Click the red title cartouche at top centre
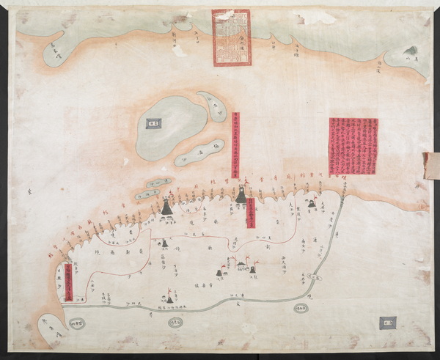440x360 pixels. point(231,37)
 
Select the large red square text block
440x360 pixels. point(353,146)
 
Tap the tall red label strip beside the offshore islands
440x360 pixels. point(235,145)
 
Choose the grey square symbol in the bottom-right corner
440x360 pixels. point(387,322)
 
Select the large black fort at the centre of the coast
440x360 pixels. point(241,195)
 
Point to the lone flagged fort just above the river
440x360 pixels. point(169,297)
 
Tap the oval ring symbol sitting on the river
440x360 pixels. point(314,277)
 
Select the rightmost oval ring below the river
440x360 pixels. point(301,309)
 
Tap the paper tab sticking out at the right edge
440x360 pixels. point(430,166)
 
